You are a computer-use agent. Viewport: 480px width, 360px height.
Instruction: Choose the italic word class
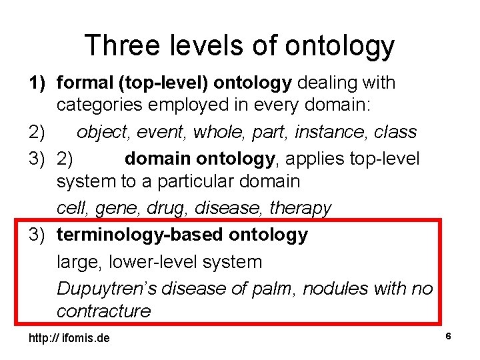pos(395,132)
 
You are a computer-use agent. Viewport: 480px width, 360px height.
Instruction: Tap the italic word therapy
pos(300,208)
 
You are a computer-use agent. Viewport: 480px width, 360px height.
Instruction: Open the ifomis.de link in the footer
pos(69,339)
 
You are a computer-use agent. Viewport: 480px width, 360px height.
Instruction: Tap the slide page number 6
pos(449,337)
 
